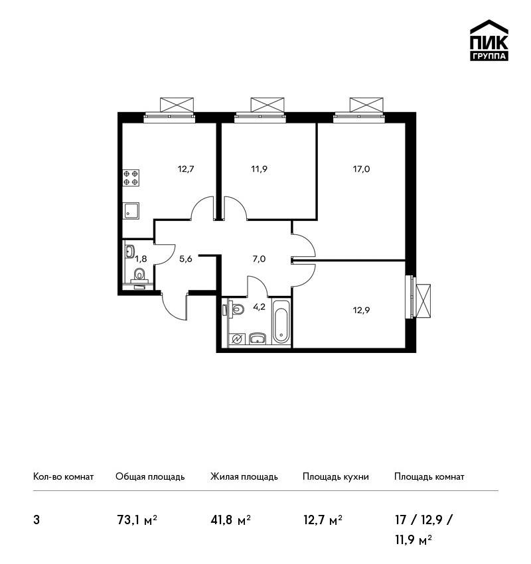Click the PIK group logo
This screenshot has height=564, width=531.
tap(489, 40)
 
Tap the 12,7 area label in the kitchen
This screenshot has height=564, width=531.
tap(186, 169)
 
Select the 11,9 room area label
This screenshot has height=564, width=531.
tap(259, 169)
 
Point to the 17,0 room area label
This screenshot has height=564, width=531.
tap(361, 169)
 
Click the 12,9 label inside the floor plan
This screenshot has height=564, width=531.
tap(361, 310)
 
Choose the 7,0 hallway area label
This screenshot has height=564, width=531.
tap(259, 259)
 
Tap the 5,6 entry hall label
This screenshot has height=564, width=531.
tap(186, 259)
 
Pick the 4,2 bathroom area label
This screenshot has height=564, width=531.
tap(259, 307)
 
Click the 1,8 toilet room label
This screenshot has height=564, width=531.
tap(141, 258)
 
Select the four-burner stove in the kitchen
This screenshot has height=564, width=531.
tap(131, 178)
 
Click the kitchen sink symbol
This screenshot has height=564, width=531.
tap(131, 210)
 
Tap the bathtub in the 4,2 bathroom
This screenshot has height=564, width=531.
tap(281, 322)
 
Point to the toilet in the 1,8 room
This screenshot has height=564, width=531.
tap(139, 277)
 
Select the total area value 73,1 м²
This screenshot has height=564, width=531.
tap(137, 520)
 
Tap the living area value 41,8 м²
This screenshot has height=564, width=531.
tap(230, 520)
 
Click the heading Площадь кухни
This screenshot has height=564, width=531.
tap(336, 476)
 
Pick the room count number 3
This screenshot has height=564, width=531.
tap(37, 520)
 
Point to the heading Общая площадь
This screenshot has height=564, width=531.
tap(150, 476)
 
